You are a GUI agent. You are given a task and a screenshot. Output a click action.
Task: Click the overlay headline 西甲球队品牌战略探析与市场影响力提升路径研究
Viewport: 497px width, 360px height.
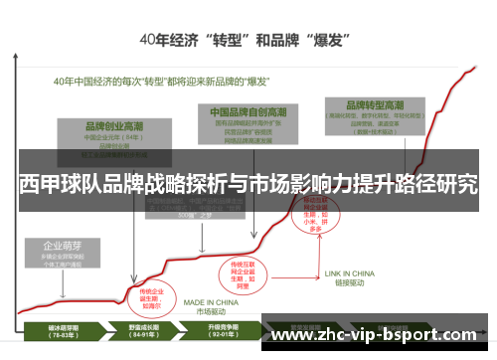[x=248, y=185]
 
